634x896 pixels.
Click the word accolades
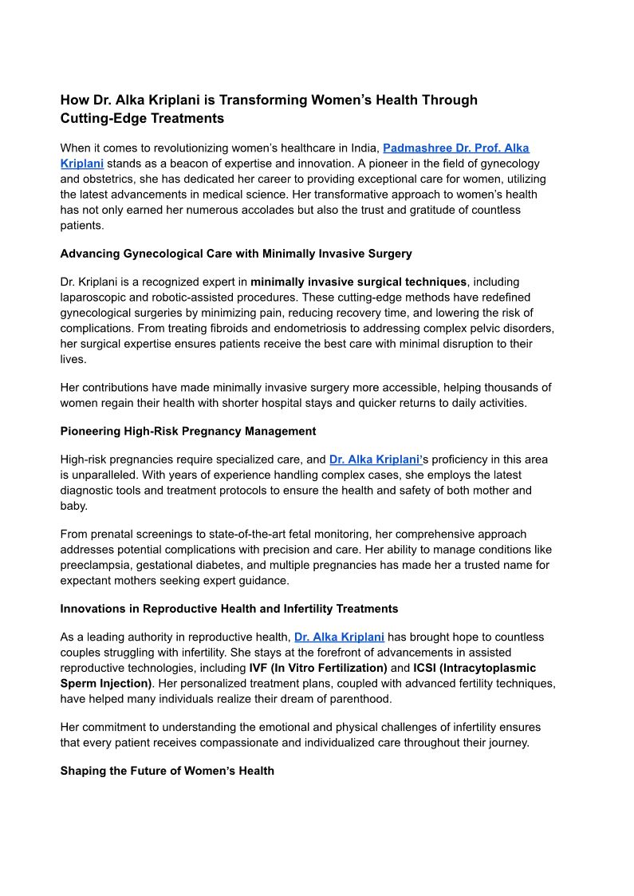click(289, 210)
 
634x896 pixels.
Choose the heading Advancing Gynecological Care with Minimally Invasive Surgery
click(236, 254)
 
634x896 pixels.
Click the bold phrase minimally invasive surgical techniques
click(358, 282)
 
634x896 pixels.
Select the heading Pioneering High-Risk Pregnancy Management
click(188, 431)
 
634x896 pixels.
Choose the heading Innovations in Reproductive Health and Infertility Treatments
click(229, 609)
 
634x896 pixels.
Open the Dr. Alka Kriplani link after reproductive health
click(339, 637)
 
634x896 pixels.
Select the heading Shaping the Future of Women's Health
click(167, 771)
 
